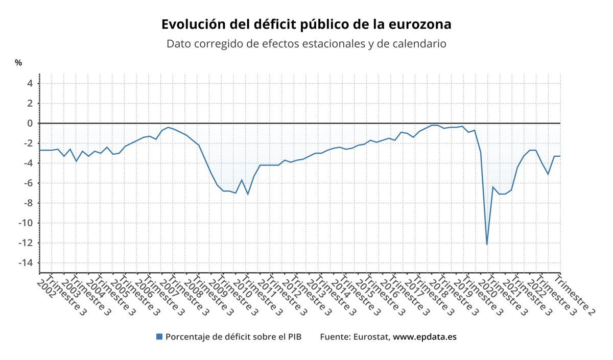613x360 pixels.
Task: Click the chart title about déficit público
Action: (306, 25)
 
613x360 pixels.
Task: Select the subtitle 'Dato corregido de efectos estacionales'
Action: (306, 44)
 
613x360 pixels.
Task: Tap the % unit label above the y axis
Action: (18, 63)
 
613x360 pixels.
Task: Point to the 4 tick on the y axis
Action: (30, 83)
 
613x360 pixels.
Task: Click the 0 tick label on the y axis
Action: (30, 123)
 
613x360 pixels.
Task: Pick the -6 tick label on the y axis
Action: (29, 183)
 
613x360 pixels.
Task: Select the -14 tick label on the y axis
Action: (27, 262)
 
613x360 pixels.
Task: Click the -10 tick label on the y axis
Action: (27, 223)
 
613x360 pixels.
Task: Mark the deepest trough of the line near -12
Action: (487, 244)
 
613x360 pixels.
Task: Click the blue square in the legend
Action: (159, 337)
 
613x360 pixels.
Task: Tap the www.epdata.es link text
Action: (425, 337)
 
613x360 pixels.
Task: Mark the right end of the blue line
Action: (560, 156)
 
